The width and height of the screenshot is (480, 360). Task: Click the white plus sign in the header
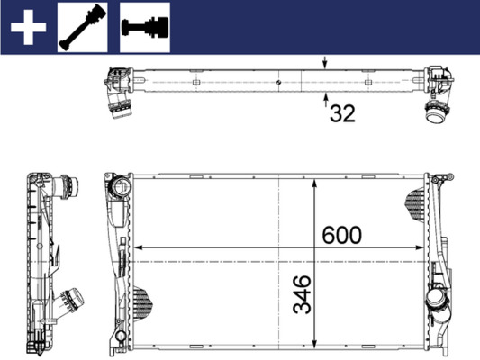28,26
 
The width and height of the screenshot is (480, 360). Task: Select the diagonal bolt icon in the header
84,26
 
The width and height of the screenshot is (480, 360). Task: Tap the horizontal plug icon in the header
145,26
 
